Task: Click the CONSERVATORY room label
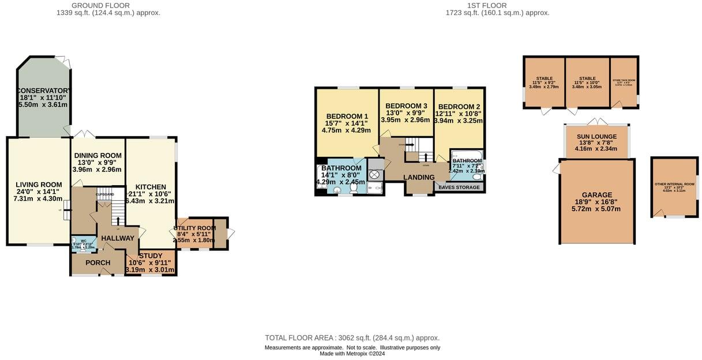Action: [44, 91]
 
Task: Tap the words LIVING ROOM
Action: [39, 185]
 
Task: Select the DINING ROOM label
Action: [97, 155]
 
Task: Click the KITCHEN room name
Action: [151, 187]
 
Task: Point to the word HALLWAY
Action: [117, 238]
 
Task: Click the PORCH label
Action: [97, 262]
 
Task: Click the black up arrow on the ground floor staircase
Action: [119, 220]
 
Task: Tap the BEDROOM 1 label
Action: [347, 116]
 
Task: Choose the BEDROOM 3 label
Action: [406, 106]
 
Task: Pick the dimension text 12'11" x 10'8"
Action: [459, 114]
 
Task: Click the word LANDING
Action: [419, 177]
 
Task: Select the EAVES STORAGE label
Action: [459, 187]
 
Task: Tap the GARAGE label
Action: [596, 195]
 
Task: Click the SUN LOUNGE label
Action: [596, 136]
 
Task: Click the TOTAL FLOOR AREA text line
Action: [352, 338]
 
